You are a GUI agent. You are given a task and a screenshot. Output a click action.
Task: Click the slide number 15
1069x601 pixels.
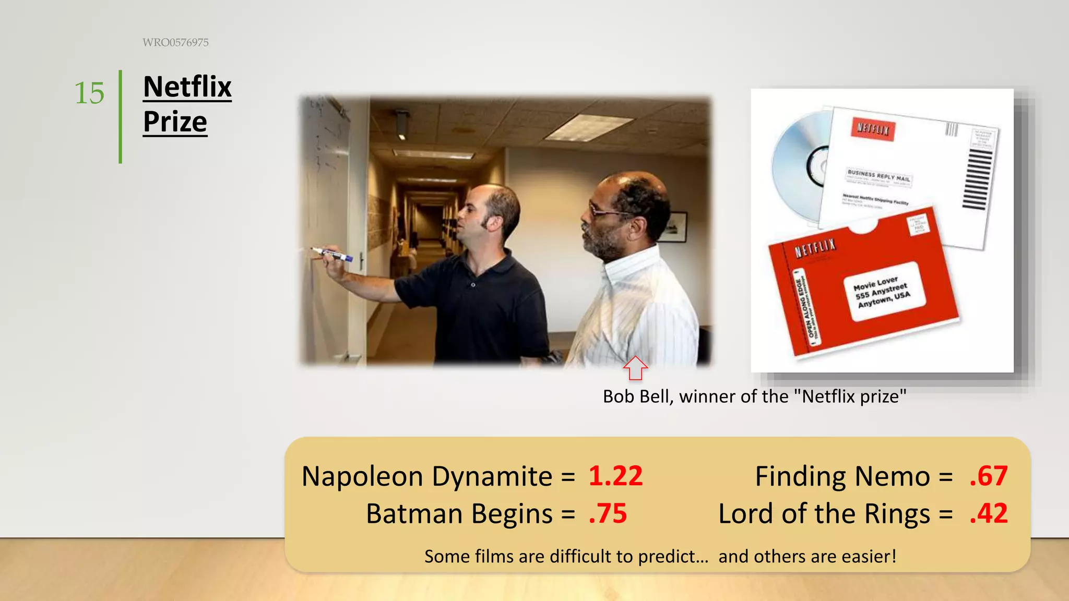pos(89,93)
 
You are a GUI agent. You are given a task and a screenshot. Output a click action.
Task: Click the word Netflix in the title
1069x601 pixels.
pos(187,87)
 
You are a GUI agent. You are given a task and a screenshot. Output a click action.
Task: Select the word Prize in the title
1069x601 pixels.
pos(175,122)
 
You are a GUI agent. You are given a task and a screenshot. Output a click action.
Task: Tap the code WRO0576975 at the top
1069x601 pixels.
pos(175,43)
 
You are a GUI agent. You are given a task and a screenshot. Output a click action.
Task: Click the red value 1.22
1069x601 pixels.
pos(615,476)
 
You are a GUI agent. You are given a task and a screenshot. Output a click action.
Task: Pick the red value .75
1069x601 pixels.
pos(608,513)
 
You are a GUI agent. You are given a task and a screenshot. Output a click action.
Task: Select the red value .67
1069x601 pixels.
pos(988,476)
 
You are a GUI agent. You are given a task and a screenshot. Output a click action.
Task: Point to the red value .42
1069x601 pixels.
pos(988,513)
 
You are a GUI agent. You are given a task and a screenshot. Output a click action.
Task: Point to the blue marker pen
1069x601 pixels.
pos(334,255)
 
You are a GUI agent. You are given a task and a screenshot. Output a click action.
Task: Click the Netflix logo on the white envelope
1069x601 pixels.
pos(873,128)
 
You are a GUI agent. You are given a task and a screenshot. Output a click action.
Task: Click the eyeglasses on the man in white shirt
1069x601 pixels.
pos(605,211)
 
